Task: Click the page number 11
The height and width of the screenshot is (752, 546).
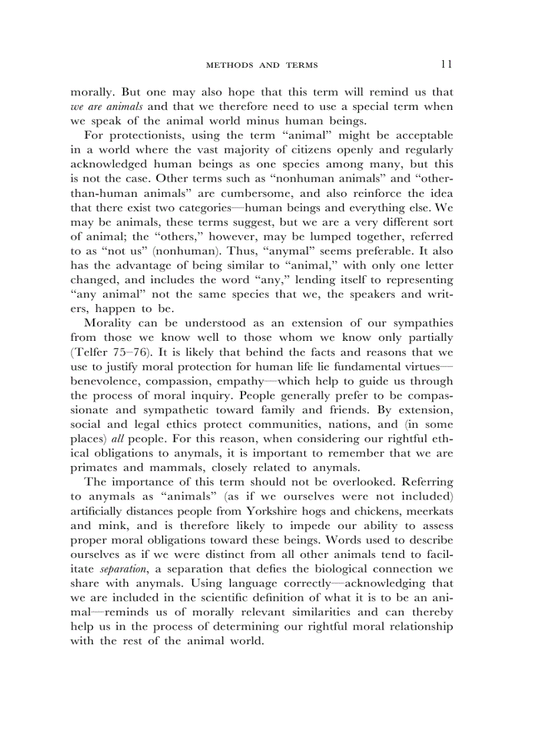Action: [447, 64]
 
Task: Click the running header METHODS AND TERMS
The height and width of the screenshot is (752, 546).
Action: [262, 66]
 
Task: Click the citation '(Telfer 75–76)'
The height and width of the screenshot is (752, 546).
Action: [111, 352]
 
